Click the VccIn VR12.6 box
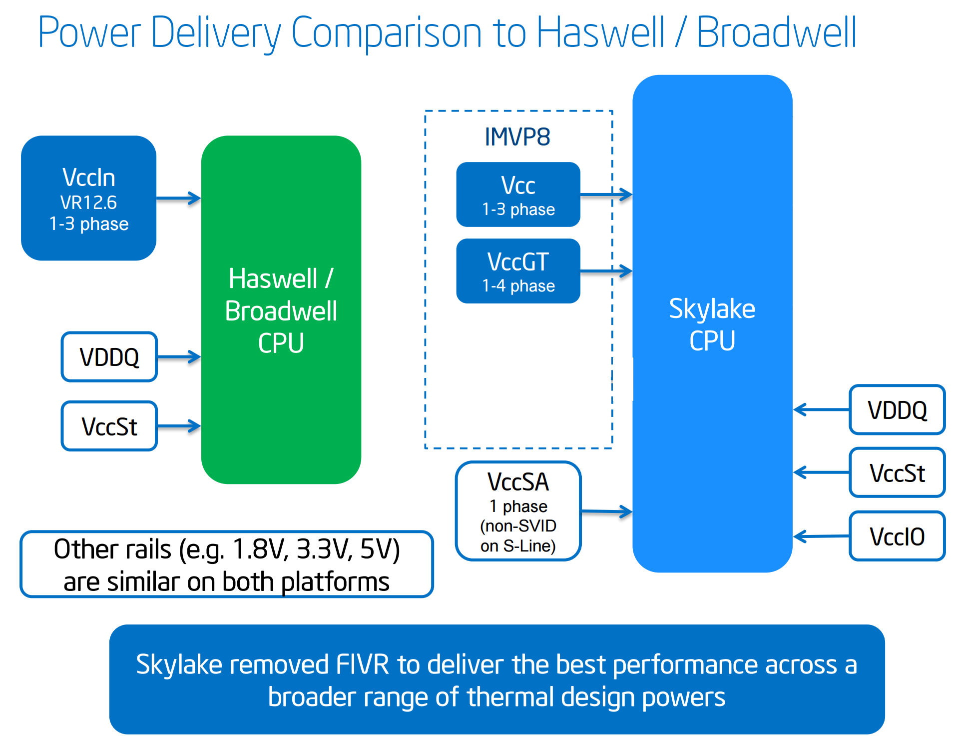point(88,198)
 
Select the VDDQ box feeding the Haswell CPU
point(109,357)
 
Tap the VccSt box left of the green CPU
point(109,426)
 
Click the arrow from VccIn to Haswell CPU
point(178,198)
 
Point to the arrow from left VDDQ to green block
point(179,357)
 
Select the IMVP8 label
point(517,136)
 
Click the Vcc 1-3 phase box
point(518,194)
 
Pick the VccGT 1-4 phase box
point(518,271)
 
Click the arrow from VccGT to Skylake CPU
point(606,271)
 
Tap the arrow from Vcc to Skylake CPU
point(606,194)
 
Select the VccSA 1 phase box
point(518,511)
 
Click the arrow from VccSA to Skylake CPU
point(606,511)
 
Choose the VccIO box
point(897,536)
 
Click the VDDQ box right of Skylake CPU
point(897,410)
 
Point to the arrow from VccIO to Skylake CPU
point(821,536)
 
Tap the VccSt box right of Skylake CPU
point(897,473)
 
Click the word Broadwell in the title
point(776,32)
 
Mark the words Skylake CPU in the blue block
point(712,324)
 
